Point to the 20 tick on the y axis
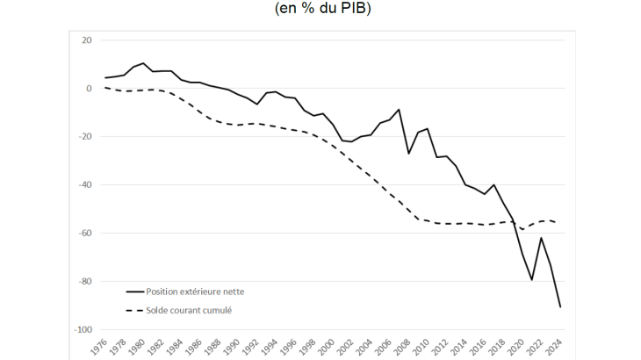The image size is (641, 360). click(x=87, y=40)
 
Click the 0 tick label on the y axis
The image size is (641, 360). click(x=89, y=89)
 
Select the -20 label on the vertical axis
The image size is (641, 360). click(x=85, y=137)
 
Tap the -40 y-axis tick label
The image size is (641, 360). click(x=85, y=185)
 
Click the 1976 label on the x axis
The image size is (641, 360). click(x=99, y=346)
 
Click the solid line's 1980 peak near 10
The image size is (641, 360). click(x=144, y=63)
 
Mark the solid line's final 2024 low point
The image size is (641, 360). click(x=560, y=306)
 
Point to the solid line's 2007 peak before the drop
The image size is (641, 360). click(x=400, y=110)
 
